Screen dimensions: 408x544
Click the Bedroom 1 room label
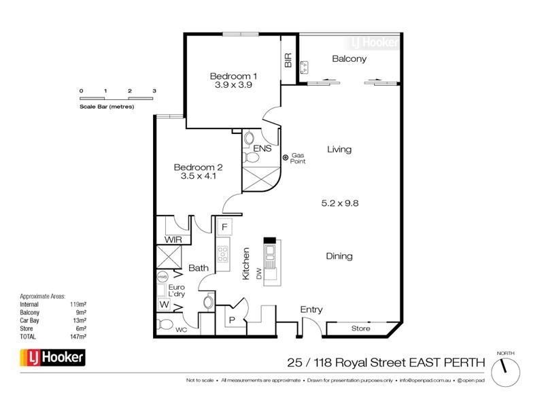233,75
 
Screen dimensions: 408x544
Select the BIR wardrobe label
288,60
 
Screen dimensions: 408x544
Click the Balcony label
349,59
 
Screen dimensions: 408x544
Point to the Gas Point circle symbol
286,158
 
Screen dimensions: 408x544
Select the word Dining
339,256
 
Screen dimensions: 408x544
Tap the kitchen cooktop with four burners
222,255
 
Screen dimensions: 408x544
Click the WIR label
171,240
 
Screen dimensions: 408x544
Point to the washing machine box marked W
163,305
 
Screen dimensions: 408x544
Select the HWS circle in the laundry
163,277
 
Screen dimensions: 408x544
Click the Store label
360,329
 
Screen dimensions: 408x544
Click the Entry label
311,310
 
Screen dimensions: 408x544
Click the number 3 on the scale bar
154,90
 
